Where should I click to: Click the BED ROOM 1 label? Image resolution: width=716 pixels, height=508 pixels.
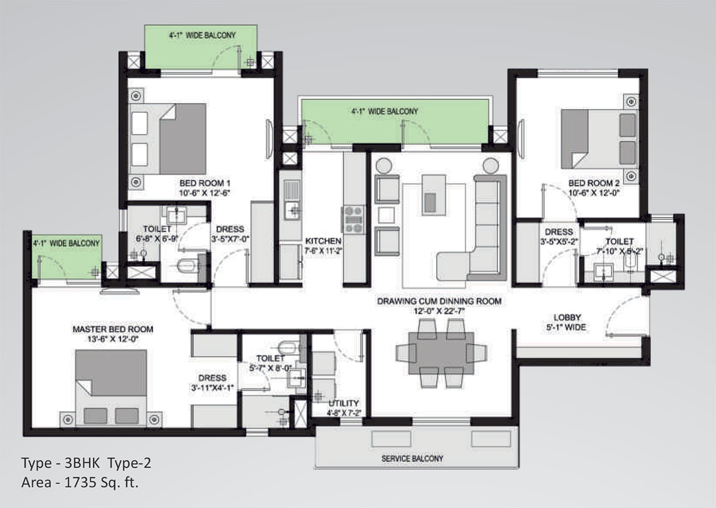tap(205, 183)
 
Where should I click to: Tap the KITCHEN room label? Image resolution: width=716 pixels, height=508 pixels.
tap(323, 241)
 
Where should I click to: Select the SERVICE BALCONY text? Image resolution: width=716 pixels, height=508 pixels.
tap(412, 459)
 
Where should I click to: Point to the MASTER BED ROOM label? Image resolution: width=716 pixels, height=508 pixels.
tap(113, 329)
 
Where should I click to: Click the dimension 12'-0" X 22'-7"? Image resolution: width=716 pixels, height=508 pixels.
tap(439, 311)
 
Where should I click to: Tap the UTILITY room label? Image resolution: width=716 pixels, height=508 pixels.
tap(344, 403)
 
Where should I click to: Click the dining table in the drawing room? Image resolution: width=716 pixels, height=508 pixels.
tap(442, 354)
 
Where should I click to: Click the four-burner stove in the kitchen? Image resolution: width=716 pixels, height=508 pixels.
tap(353, 219)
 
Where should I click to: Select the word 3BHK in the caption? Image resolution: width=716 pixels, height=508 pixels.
tap(82, 463)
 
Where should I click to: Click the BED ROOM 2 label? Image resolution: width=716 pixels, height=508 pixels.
tap(594, 183)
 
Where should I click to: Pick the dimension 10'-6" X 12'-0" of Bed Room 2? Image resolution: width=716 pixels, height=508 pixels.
tap(594, 193)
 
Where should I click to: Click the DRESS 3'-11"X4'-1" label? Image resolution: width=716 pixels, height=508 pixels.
tap(212, 383)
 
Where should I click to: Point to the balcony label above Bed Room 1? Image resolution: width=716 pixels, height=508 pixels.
tap(202, 35)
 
